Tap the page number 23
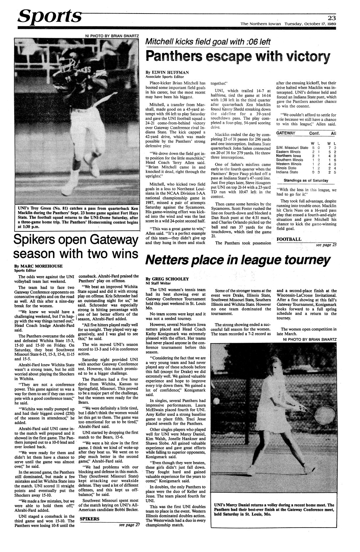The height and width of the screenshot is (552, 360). click(332, 18)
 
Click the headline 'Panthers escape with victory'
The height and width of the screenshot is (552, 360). click(237, 57)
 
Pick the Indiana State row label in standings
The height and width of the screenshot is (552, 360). click(287, 172)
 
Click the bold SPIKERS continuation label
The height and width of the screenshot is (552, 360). click(90, 519)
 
